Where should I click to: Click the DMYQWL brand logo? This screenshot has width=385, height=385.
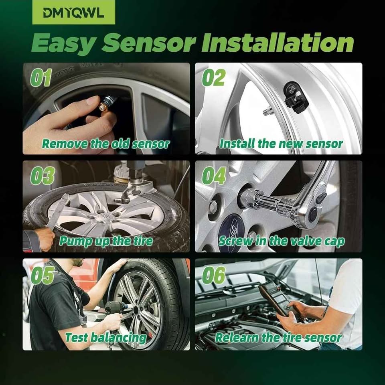coord(74,12)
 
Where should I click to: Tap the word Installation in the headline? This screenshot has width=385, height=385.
coord(278,43)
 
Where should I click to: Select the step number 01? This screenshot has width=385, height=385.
coord(41,77)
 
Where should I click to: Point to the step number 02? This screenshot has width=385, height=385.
coord(213,77)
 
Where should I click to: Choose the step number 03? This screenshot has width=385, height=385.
coord(42,176)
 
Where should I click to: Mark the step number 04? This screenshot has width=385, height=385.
coord(214,176)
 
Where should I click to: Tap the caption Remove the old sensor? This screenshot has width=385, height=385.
coord(106,144)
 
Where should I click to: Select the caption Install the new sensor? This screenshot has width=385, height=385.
coord(281,144)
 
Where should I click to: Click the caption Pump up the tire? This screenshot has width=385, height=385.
coord(106,241)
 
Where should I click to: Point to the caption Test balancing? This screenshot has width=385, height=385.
coord(106,338)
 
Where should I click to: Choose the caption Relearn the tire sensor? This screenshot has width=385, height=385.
coord(278,338)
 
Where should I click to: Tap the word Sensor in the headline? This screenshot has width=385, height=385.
coord(149,43)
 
